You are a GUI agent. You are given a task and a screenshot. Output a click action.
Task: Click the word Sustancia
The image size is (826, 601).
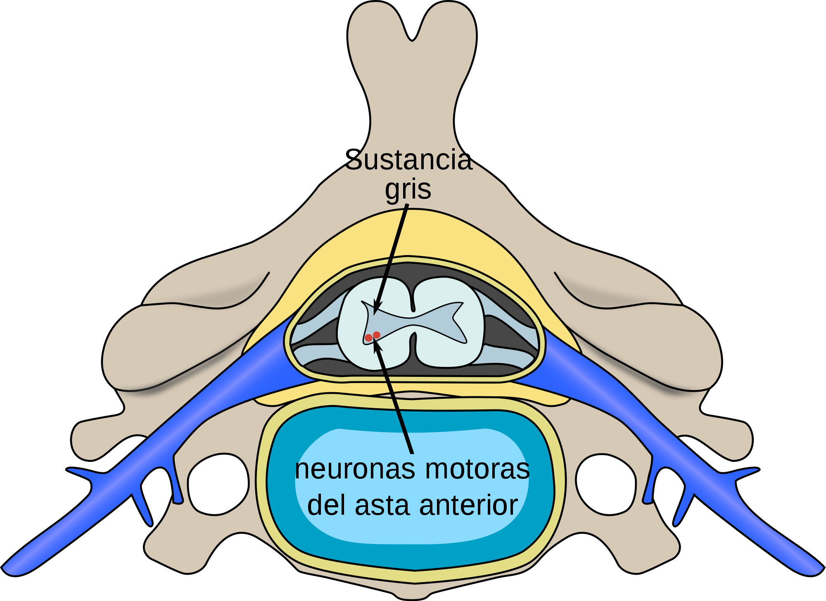coord(408,160)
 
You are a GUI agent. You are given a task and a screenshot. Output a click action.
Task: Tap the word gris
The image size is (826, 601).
coord(408,190)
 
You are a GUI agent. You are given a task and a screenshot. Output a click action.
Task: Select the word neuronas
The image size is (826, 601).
coord(355,469)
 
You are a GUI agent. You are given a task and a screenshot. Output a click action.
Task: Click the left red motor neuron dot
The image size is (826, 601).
coord(368,338)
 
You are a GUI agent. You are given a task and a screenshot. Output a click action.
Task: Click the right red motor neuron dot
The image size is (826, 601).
coord(377,335)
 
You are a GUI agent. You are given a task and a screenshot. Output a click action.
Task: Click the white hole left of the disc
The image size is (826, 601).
coord(218,484)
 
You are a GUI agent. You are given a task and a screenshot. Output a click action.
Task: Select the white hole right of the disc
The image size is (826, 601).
coord(606,484)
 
